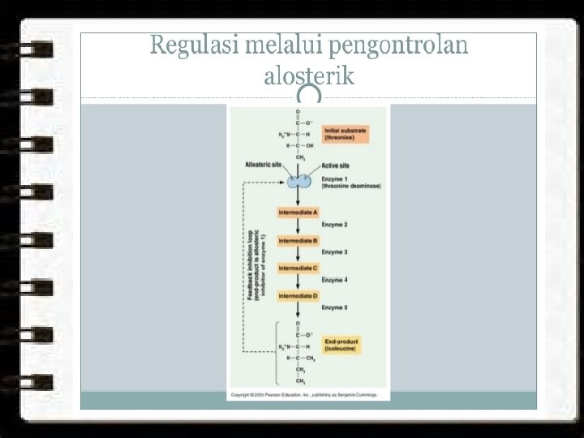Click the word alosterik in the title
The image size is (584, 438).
click(x=309, y=76)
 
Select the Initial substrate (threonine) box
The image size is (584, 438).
click(x=346, y=134)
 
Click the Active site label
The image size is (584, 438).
click(x=336, y=165)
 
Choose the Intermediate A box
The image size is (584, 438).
click(x=298, y=213)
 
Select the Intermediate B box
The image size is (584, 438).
click(x=298, y=241)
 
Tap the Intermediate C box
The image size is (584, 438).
click(x=298, y=268)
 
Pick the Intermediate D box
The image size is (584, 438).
click(x=298, y=295)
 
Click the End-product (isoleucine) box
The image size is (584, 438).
click(x=341, y=345)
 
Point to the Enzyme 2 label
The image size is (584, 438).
click(x=334, y=224)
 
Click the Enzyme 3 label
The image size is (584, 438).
click(x=334, y=252)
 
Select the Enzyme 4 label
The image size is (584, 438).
click(x=334, y=280)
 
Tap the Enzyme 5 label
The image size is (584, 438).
click(x=334, y=307)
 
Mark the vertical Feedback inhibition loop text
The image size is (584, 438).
click(x=252, y=264)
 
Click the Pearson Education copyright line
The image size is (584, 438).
click(x=306, y=394)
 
